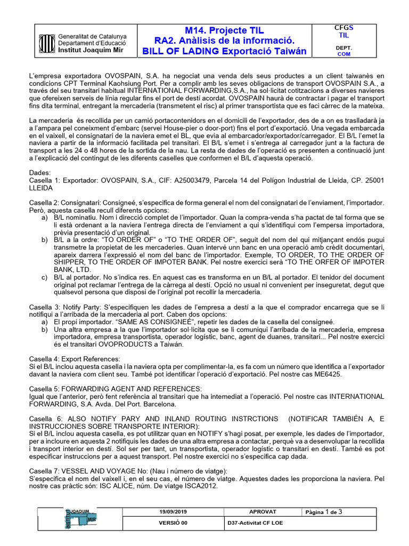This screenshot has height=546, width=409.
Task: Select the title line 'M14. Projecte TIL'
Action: coord(224,30)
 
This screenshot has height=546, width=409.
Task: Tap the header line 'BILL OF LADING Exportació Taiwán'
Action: coord(224,52)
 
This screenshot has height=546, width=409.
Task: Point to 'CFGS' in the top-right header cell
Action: coord(343,28)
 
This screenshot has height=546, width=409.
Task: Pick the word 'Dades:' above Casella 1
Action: coord(40,173)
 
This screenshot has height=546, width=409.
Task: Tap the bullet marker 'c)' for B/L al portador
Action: coord(45,277)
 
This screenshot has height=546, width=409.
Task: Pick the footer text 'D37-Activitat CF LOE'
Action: coord(255,523)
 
